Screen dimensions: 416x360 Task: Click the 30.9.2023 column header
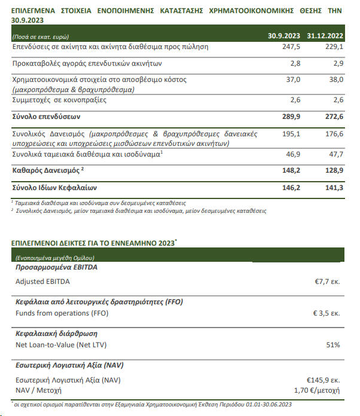(x=284, y=35)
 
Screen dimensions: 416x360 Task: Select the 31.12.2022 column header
(x=325, y=35)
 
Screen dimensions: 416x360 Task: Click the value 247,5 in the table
(x=291, y=47)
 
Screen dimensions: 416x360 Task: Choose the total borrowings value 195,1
(x=291, y=134)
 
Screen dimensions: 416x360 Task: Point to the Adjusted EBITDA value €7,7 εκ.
(x=327, y=280)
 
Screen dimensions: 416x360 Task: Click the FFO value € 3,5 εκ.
(x=327, y=313)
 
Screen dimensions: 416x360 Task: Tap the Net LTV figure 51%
(x=333, y=345)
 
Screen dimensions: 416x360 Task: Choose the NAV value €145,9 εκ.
(x=324, y=380)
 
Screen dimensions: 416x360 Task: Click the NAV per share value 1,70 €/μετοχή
(x=317, y=391)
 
